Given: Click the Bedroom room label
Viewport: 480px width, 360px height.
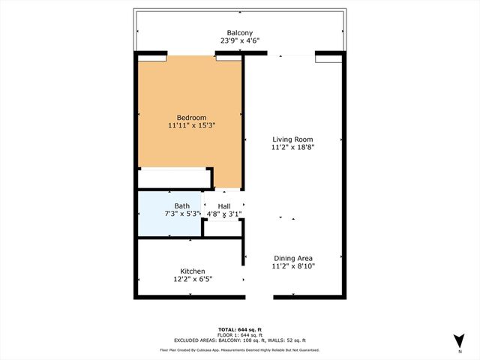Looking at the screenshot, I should pyautogui.click(x=191, y=117).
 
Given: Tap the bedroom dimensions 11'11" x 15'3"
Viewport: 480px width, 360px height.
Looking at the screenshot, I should pyautogui.click(x=191, y=126).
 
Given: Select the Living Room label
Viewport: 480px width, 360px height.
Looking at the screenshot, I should pyautogui.click(x=292, y=139).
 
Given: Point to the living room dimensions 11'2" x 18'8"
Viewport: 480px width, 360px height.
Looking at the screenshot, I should pyautogui.click(x=292, y=148).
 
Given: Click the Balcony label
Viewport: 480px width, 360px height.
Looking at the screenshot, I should pyautogui.click(x=240, y=33).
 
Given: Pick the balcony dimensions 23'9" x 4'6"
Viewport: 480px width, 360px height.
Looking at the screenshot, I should pyautogui.click(x=240, y=42).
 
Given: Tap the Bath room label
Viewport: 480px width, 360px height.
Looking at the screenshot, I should pyautogui.click(x=182, y=205).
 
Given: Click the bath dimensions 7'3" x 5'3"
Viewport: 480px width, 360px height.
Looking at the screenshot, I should pyautogui.click(x=182, y=214).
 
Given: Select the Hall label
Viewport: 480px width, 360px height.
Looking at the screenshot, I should pyautogui.click(x=224, y=206).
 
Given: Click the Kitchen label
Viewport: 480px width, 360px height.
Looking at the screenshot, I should pyautogui.click(x=192, y=271).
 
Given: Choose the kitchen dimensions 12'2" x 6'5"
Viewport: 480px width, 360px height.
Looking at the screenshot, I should pyautogui.click(x=192, y=280).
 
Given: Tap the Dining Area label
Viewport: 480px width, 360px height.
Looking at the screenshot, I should pyautogui.click(x=292, y=257).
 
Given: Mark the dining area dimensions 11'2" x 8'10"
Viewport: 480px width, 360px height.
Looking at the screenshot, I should pyautogui.click(x=292, y=266).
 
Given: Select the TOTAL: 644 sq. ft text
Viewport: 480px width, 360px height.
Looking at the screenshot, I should pyautogui.click(x=240, y=329).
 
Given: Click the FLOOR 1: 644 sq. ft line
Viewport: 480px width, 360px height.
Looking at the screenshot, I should pyautogui.click(x=240, y=334).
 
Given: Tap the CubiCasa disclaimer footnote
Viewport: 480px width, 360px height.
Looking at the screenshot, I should pyautogui.click(x=240, y=349).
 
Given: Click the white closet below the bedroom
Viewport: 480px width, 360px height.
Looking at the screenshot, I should pyautogui.click(x=175, y=178).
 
